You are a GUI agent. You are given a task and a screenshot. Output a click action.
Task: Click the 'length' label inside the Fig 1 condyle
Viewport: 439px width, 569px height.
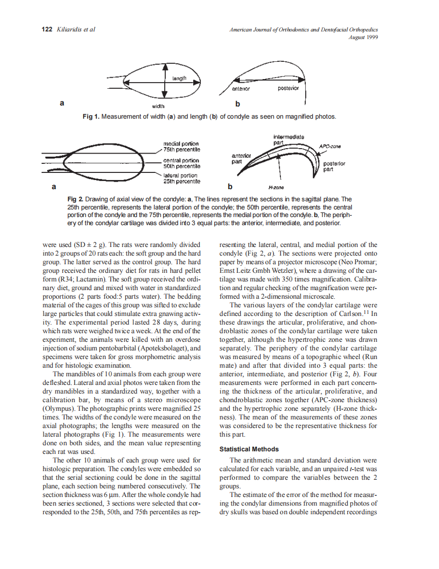pyautogui.click(x=179, y=79)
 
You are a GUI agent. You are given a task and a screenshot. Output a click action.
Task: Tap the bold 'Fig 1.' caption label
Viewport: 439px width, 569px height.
pyautogui.click(x=91, y=117)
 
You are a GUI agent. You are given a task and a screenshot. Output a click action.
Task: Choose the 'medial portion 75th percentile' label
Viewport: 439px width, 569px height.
pyautogui.click(x=181, y=147)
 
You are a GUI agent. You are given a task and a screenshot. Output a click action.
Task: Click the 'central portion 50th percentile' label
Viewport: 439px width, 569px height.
pyautogui.click(x=181, y=163)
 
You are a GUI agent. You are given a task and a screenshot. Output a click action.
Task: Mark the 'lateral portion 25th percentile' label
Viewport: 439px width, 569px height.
pyautogui.click(x=181, y=179)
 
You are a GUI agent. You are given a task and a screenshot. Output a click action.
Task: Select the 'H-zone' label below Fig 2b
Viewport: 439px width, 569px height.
pyautogui.click(x=276, y=187)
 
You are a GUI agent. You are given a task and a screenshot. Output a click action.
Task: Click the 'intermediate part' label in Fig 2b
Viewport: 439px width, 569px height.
pyautogui.click(x=288, y=140)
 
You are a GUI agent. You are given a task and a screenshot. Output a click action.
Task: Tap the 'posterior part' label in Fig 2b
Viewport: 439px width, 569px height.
pyautogui.click(x=334, y=166)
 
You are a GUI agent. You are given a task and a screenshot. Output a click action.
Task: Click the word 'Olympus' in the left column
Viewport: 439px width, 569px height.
pyautogui.click(x=57, y=408)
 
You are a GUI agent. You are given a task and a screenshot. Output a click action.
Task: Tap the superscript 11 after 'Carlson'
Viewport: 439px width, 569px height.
pyautogui.click(x=364, y=312)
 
